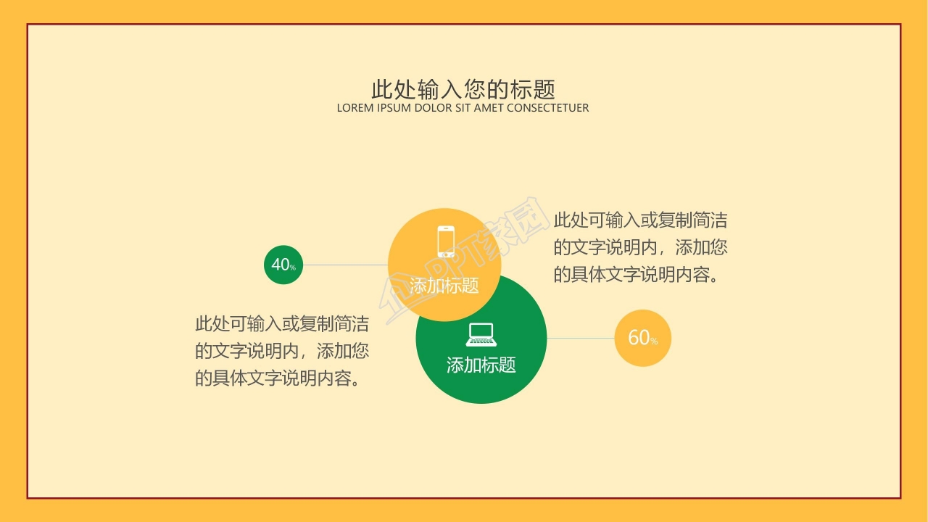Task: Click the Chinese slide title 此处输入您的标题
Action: coord(463,89)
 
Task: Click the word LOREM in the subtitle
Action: coord(355,108)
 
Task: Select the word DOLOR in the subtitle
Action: coord(433,108)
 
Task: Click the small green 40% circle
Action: coord(283,265)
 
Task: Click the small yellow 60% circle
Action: coord(642,338)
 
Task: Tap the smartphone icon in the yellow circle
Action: coord(446,241)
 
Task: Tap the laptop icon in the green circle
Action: coord(481,334)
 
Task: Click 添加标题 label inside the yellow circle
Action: coord(444,286)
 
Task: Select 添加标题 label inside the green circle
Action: coord(481,365)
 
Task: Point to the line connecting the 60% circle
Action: coord(581,338)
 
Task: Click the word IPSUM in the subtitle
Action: coord(394,108)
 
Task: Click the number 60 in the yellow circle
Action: coord(638,337)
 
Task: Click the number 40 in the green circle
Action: coord(280,265)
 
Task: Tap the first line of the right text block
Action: coord(640,220)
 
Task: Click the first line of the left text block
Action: coord(281,323)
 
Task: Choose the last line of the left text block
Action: coord(278,378)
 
